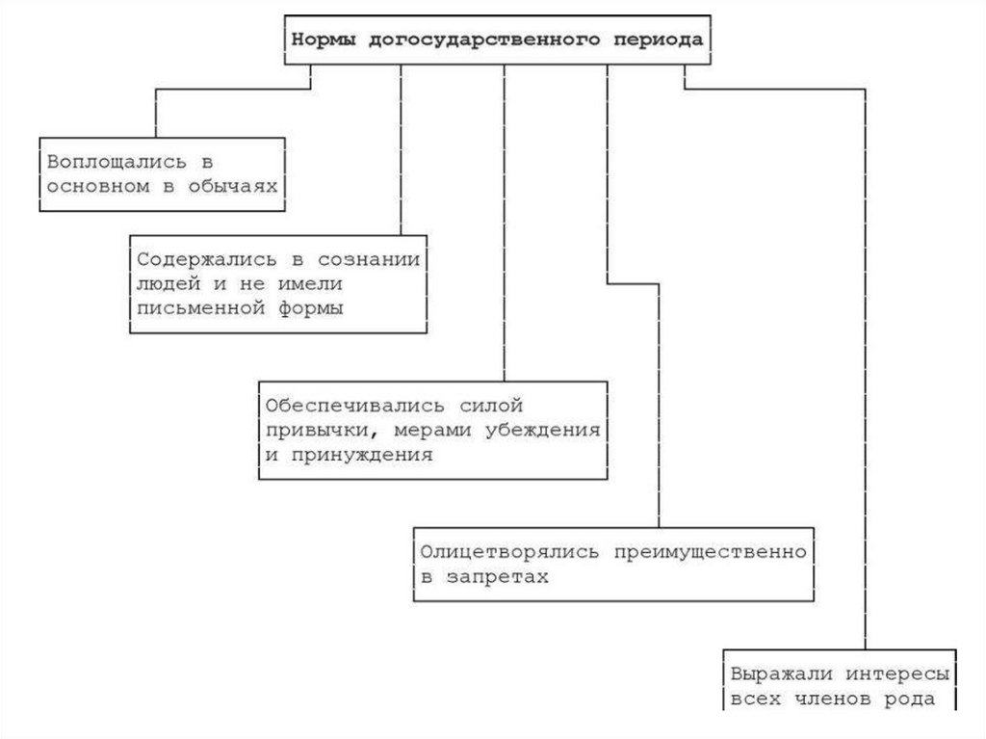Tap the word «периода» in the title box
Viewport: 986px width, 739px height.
tap(656, 40)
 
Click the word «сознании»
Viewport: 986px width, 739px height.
tap(376, 260)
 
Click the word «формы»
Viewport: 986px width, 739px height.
tap(313, 308)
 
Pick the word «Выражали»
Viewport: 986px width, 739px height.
tap(773, 673)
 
